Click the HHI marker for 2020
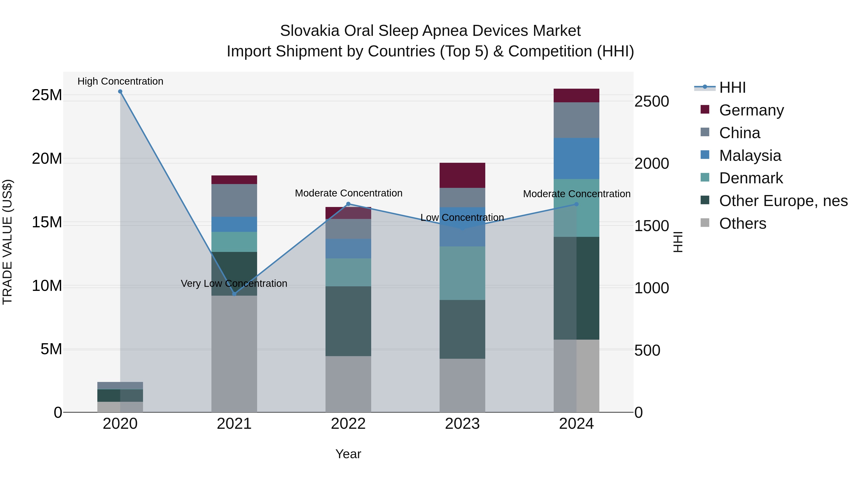120,92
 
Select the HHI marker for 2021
234,294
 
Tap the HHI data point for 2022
348,204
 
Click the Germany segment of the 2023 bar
462,175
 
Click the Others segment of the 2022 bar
348,384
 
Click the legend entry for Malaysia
750,156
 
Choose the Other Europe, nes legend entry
783,201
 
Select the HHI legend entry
732,87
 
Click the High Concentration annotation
120,81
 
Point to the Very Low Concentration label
234,283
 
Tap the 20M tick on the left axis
47,159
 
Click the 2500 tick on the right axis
651,102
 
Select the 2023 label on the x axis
462,424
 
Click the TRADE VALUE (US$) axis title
7,242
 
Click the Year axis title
348,454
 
